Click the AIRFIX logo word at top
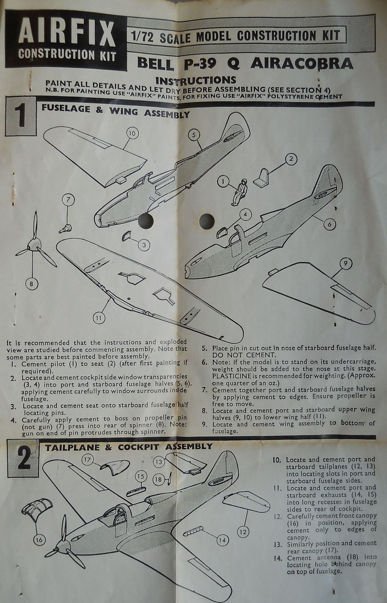click(x=66, y=33)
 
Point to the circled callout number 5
click(x=194, y=135)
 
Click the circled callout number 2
click(x=291, y=159)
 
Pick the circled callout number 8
click(x=31, y=283)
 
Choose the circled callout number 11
click(x=99, y=318)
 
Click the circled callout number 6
click(x=329, y=224)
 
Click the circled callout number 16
click(x=39, y=539)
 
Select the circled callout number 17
click(x=88, y=460)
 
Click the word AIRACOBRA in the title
click(x=301, y=64)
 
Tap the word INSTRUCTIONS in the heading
click(x=195, y=80)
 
